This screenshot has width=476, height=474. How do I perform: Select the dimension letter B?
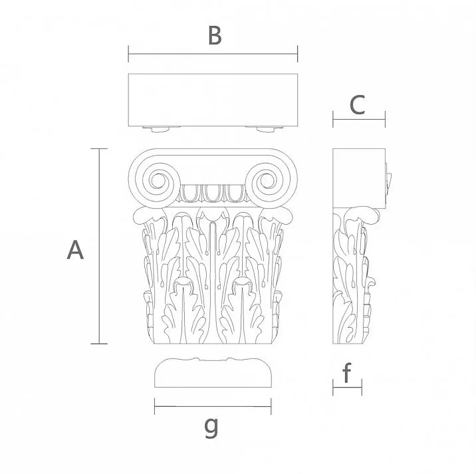pos(214,35)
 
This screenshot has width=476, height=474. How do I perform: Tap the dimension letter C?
pos(358,104)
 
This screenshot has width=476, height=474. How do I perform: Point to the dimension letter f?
pos(346,374)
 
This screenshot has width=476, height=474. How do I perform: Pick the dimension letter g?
pos(211,427)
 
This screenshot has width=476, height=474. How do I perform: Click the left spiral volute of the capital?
pos(159,181)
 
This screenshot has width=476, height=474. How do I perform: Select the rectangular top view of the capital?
pos(212,99)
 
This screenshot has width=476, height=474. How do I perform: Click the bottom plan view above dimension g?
pos(212,374)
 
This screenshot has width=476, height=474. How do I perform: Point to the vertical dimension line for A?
pos(99,246)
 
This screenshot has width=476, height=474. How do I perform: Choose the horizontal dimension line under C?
pos(358,120)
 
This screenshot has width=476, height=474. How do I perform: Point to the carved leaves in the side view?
pos(352,279)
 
